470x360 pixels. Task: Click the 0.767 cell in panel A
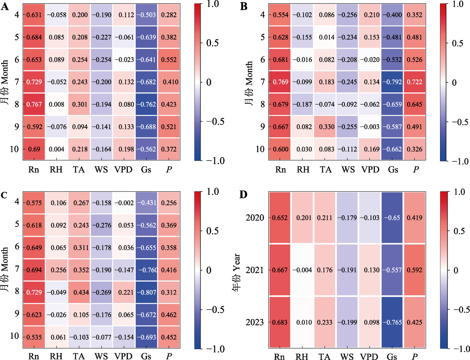coord(34,105)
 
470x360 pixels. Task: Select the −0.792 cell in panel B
coord(392,82)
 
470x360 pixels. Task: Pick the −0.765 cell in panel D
coord(392,322)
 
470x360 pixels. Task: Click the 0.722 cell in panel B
coord(415,82)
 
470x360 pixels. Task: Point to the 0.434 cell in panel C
coord(79,293)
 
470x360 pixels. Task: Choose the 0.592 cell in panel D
coord(415,270)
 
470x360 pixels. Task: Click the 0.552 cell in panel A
coord(169,60)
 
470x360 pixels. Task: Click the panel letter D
coord(244,195)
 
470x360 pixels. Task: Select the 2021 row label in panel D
coord(255,270)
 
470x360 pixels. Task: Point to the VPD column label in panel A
coord(123,170)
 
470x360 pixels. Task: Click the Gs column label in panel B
coord(393,170)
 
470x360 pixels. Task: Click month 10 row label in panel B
coord(260,149)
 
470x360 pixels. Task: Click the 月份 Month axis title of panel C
coord(4,270)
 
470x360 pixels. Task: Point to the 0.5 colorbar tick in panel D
coord(459,231)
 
